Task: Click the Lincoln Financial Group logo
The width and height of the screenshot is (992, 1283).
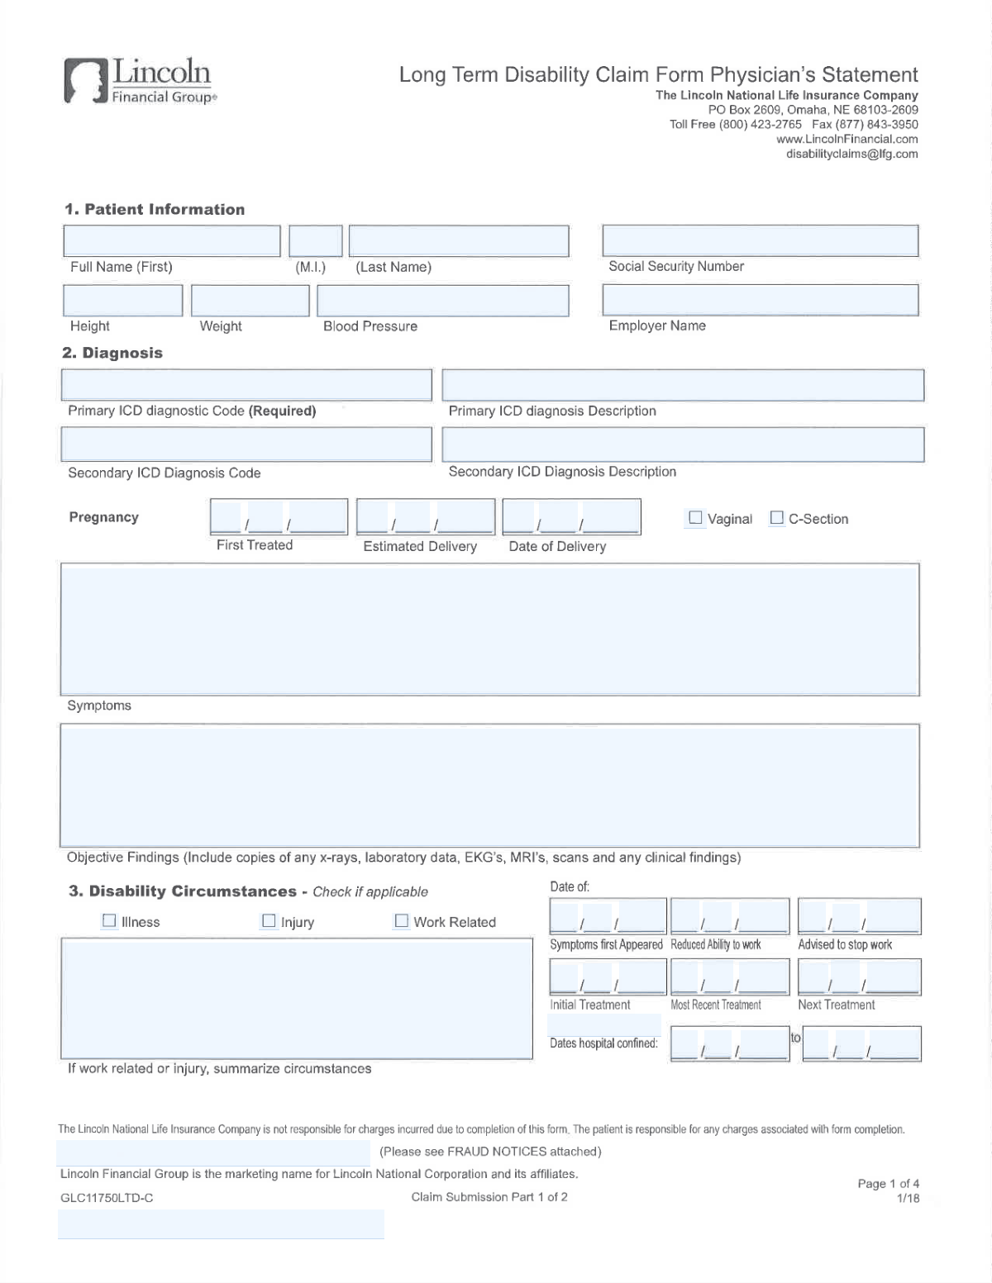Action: [x=139, y=81]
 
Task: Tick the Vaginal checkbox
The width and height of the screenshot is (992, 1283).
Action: [x=695, y=518]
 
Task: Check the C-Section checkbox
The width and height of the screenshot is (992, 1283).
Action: [x=776, y=518]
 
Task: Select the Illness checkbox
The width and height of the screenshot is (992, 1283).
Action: [x=109, y=920]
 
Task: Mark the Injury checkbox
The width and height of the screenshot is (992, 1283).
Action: [x=269, y=920]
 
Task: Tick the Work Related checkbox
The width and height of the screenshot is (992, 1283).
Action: [x=402, y=920]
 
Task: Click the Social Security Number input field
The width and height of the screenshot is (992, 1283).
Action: [x=760, y=240]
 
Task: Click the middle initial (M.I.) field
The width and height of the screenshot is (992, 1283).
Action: [x=315, y=240]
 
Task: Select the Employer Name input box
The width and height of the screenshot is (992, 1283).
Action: [x=760, y=300]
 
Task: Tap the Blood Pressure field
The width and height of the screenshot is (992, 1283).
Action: [x=442, y=301]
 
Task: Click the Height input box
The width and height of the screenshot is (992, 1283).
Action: [x=122, y=301]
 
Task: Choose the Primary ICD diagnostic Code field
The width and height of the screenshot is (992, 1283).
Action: [x=246, y=385]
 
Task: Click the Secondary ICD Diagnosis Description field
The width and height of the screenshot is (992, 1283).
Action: [x=683, y=444]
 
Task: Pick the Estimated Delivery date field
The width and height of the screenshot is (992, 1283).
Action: [x=426, y=517]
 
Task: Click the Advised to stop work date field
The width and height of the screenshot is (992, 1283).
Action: [x=859, y=917]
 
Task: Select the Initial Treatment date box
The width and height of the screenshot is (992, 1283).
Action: [x=608, y=977]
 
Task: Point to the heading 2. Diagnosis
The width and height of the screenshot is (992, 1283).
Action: [x=112, y=353]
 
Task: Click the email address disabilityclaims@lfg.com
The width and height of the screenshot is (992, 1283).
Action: [x=851, y=154]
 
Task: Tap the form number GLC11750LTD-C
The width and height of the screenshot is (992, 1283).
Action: [x=107, y=1198]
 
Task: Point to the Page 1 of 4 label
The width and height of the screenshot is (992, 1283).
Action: [x=888, y=1184]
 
